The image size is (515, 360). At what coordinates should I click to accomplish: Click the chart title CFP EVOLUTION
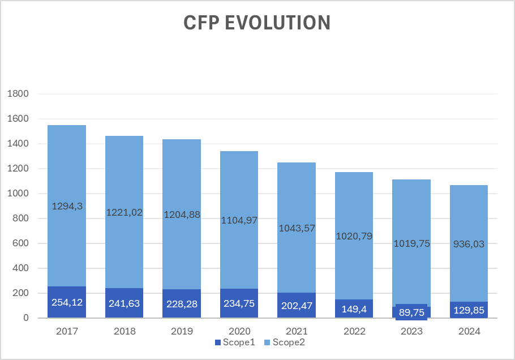[257, 23]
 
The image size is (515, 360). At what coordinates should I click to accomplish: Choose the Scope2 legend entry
[290, 342]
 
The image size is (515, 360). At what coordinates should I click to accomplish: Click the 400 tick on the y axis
[19, 268]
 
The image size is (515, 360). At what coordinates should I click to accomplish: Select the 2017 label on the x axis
[67, 332]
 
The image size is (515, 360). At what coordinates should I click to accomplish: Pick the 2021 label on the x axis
[297, 332]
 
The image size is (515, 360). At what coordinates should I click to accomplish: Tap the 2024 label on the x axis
[469, 332]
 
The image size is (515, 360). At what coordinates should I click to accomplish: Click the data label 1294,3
[67, 207]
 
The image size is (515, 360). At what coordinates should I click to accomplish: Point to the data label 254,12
[67, 302]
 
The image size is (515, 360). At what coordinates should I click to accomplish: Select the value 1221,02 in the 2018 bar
[124, 213]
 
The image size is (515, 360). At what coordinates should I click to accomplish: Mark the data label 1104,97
[239, 220]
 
